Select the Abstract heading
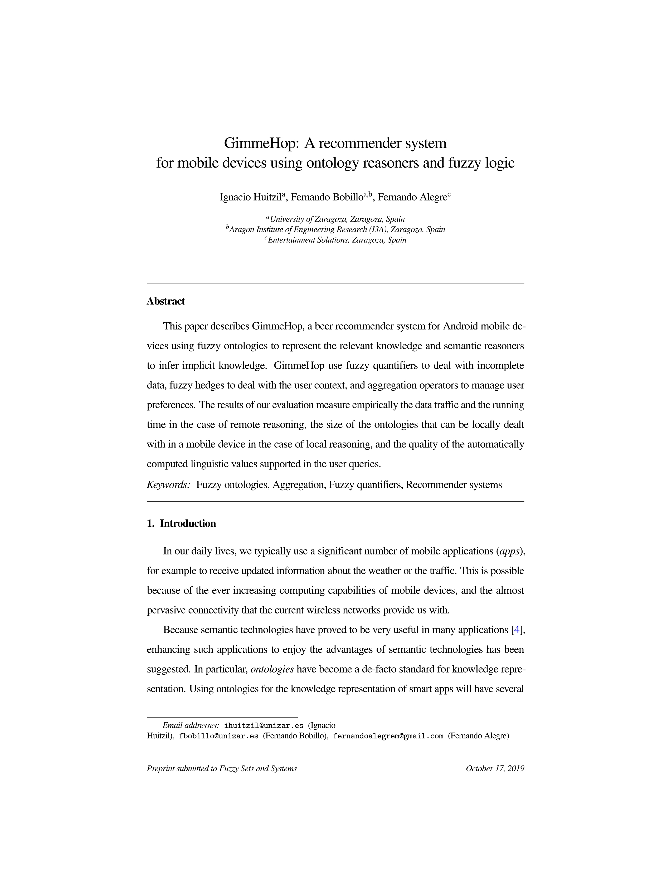pyautogui.click(x=165, y=301)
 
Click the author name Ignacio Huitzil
pyautogui.click(x=251, y=197)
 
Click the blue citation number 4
pyautogui.click(x=517, y=630)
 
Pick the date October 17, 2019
pyautogui.click(x=495, y=769)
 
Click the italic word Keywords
pyautogui.click(x=168, y=485)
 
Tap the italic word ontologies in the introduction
pyautogui.click(x=272, y=669)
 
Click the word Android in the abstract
pyautogui.click(x=460, y=326)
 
